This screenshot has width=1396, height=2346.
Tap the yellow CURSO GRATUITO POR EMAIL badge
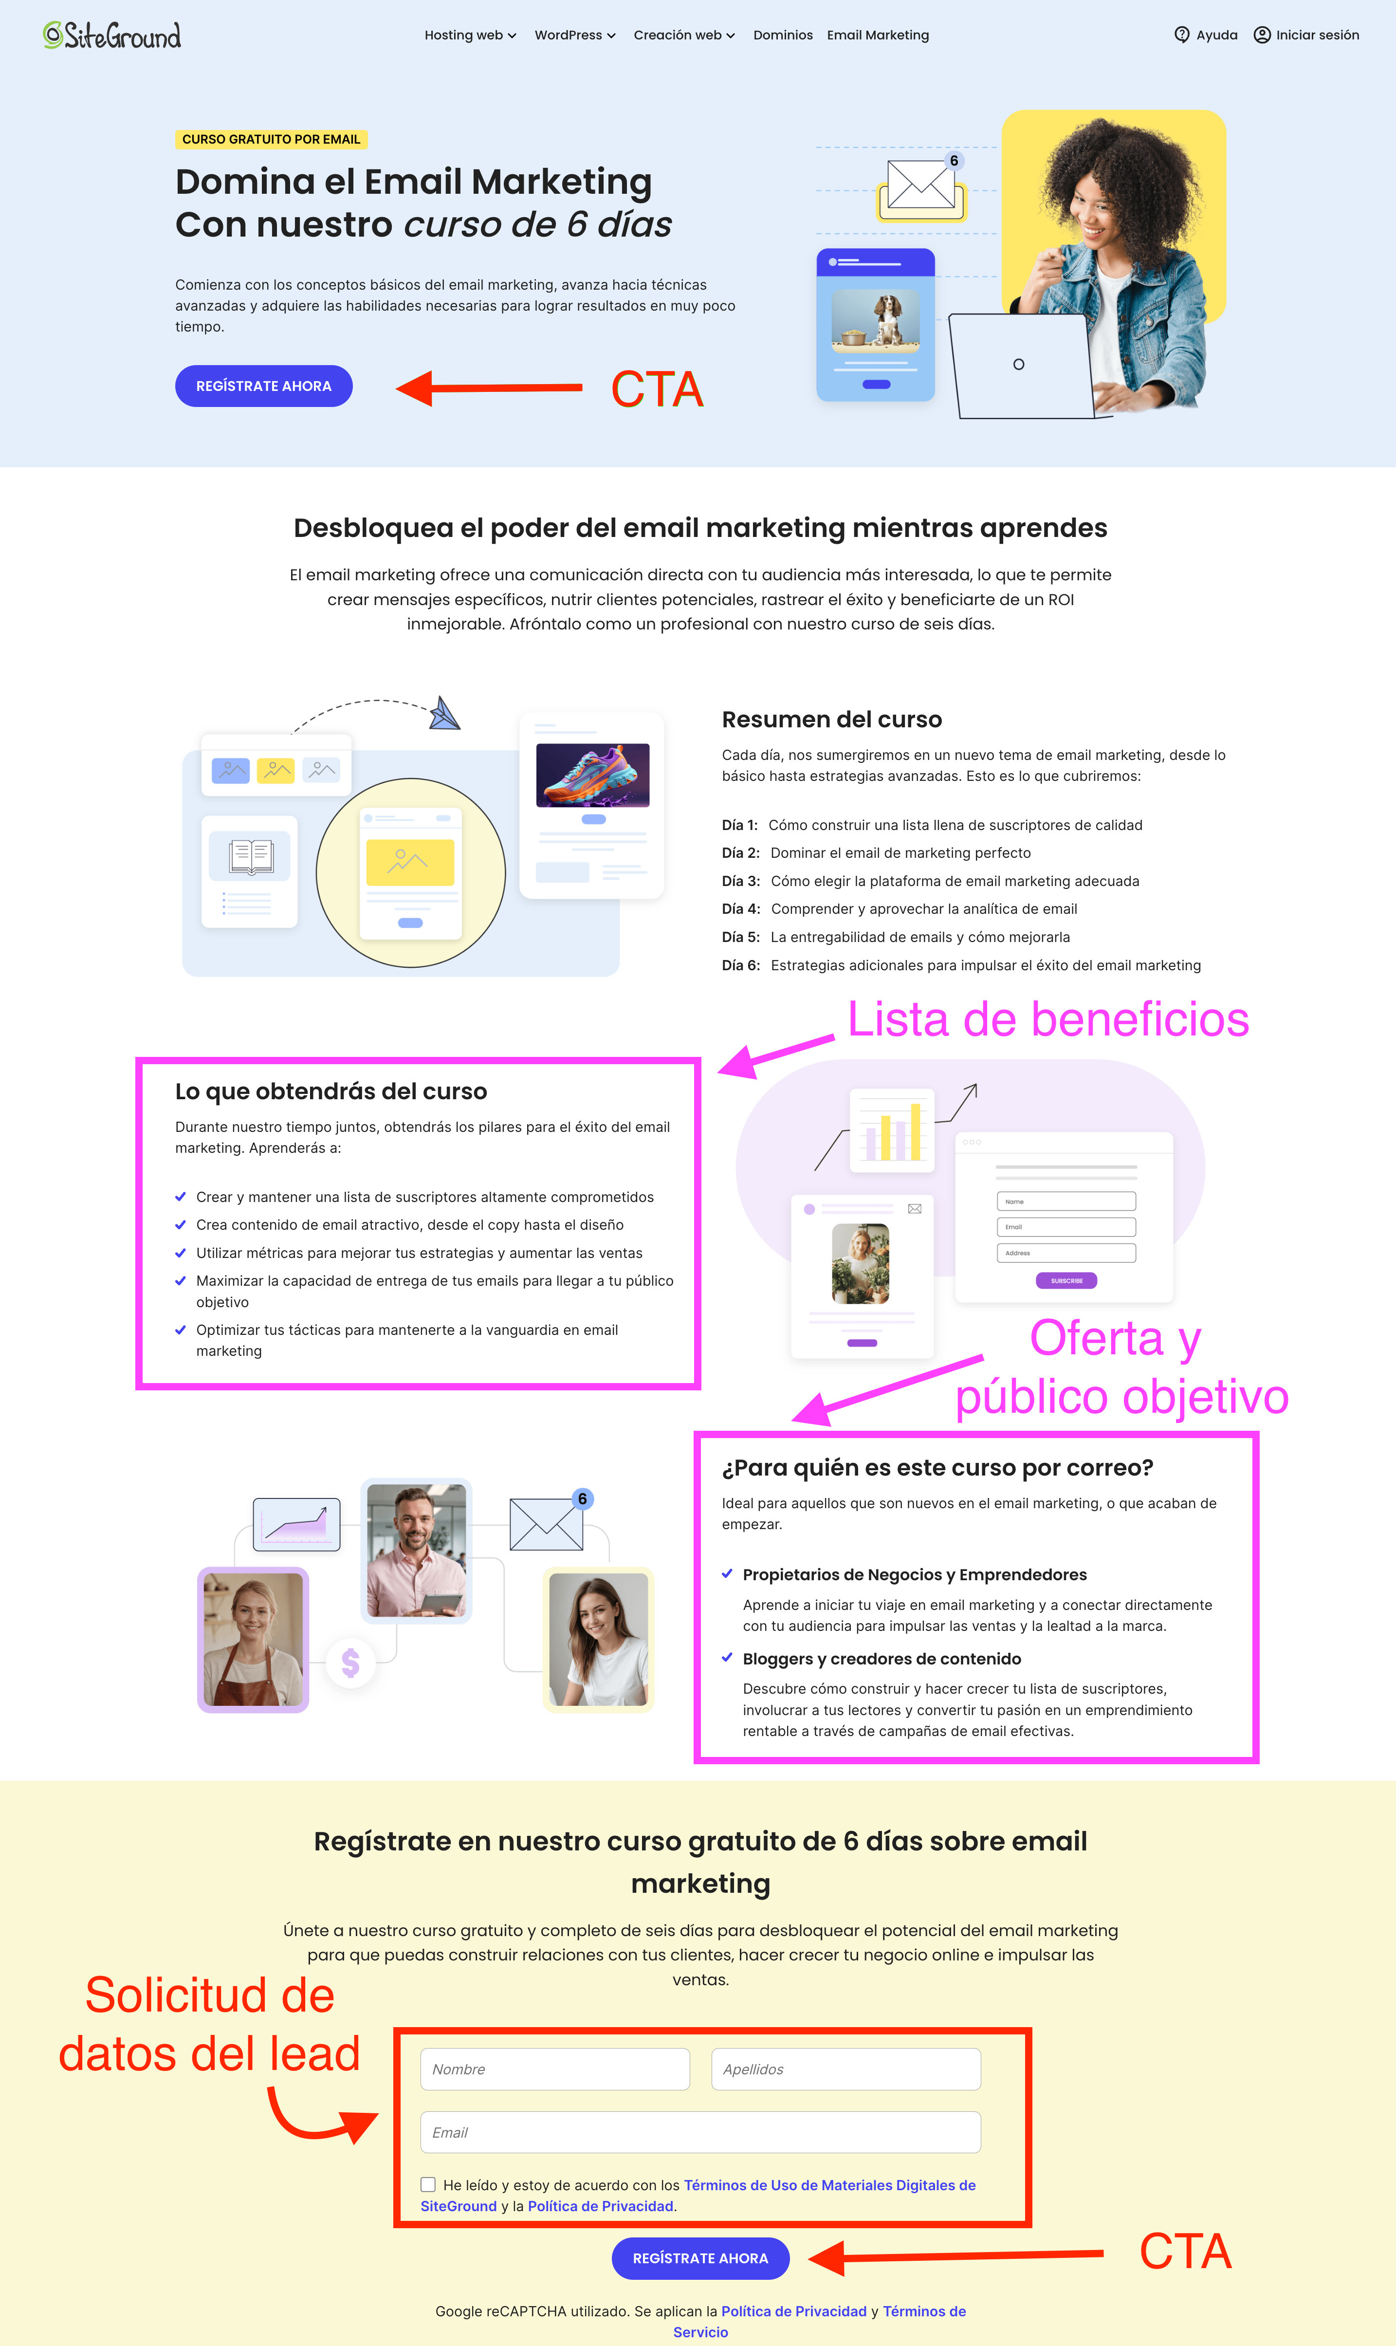tap(271, 139)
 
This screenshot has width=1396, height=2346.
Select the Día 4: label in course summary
tap(740, 909)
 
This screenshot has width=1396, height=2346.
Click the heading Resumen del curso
tap(831, 720)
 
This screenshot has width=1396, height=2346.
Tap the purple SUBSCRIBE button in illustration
tap(1066, 1280)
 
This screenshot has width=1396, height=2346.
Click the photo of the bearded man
tap(416, 1550)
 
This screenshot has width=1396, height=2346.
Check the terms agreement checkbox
tap(428, 2184)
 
